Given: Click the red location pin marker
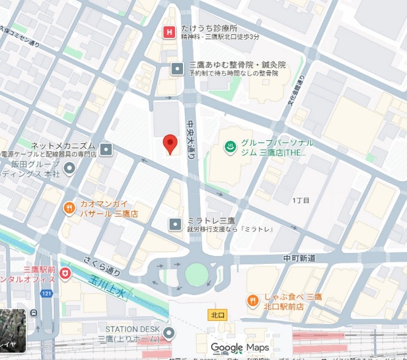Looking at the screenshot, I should [170, 144].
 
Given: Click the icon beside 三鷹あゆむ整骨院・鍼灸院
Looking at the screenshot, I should [177, 68].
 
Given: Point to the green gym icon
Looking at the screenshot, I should [229, 147].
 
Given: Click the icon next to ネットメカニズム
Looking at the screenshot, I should [106, 149].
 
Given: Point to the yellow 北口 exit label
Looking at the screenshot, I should [217, 315].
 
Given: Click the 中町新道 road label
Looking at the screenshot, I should [300, 258].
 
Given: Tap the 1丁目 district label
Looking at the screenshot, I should [301, 200].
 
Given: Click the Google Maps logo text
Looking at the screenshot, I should [240, 348].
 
